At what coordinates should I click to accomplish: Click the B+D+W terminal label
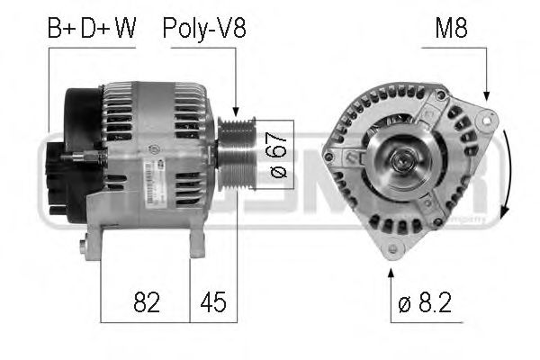[x=91, y=29]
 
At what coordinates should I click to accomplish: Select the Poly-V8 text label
[x=204, y=29]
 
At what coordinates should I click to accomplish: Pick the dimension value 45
[x=213, y=302]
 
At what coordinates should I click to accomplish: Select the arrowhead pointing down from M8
[x=487, y=98]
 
